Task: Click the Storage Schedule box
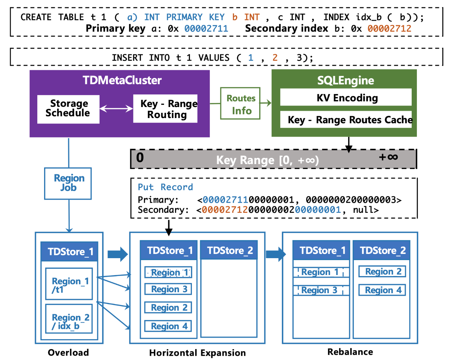pyautogui.click(x=68, y=109)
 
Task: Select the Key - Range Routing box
pyautogui.click(x=165, y=109)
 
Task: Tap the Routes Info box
pyautogui.click(x=240, y=103)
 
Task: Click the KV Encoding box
pyautogui.click(x=346, y=97)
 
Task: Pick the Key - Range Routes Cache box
pyautogui.click(x=346, y=119)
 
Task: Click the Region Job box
pyautogui.click(x=68, y=183)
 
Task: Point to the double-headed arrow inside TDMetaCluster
pyautogui.click(x=116, y=109)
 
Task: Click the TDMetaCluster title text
pyautogui.click(x=122, y=80)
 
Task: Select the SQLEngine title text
pyautogui.click(x=346, y=80)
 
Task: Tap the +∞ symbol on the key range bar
pyautogui.click(x=388, y=157)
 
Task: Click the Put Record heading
pyautogui.click(x=165, y=187)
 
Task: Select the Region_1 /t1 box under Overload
pyautogui.click(x=69, y=284)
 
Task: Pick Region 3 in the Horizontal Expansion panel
pyautogui.click(x=168, y=289)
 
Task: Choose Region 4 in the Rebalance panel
pyautogui.click(x=382, y=290)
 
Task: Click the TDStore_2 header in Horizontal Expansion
pyautogui.click(x=229, y=250)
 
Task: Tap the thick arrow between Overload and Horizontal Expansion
pyautogui.click(x=118, y=254)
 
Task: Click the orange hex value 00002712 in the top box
pyautogui.click(x=389, y=29)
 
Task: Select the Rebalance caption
pyautogui.click(x=350, y=352)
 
